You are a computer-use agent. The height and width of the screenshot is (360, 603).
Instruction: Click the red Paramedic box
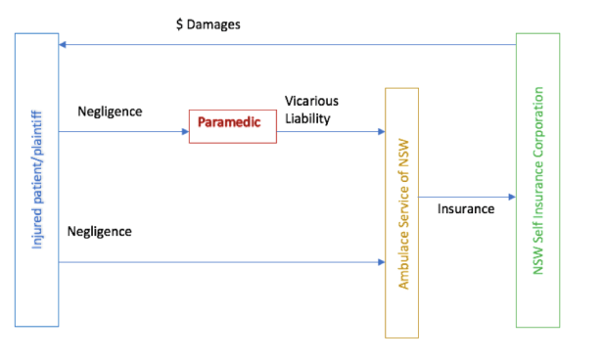click(232, 126)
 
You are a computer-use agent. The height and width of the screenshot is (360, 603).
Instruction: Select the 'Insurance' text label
click(465, 208)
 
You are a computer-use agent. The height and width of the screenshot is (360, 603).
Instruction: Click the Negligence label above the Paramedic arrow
click(110, 111)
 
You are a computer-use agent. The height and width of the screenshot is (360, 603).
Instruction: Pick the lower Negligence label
click(100, 232)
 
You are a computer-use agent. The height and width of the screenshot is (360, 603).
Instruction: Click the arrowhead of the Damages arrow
click(62, 45)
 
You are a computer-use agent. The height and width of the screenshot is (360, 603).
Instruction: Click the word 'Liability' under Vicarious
click(307, 118)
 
